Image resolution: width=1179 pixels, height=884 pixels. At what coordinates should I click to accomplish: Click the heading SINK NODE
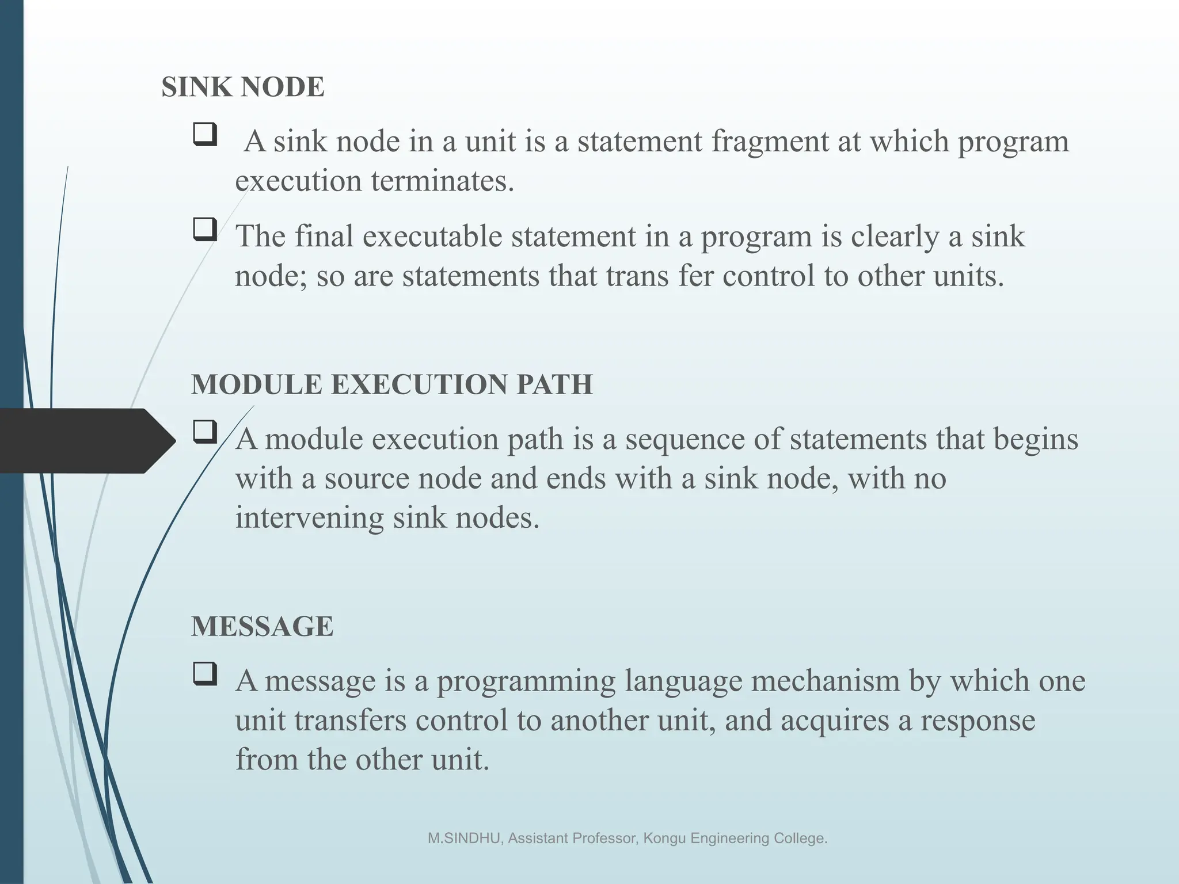coord(243,87)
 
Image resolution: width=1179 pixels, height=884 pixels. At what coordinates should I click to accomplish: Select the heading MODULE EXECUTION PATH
coord(391,384)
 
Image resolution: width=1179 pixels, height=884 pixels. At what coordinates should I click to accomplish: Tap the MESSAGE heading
coord(262,626)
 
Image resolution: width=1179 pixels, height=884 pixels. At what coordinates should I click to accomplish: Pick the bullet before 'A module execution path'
coord(205,432)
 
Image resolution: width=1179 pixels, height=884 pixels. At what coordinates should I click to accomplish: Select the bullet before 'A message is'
coord(205,673)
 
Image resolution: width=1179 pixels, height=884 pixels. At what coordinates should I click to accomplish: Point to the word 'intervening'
coord(309,518)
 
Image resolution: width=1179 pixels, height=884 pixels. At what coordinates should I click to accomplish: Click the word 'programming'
coord(526,681)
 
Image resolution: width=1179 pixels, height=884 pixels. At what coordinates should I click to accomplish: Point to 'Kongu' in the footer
coord(664,839)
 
